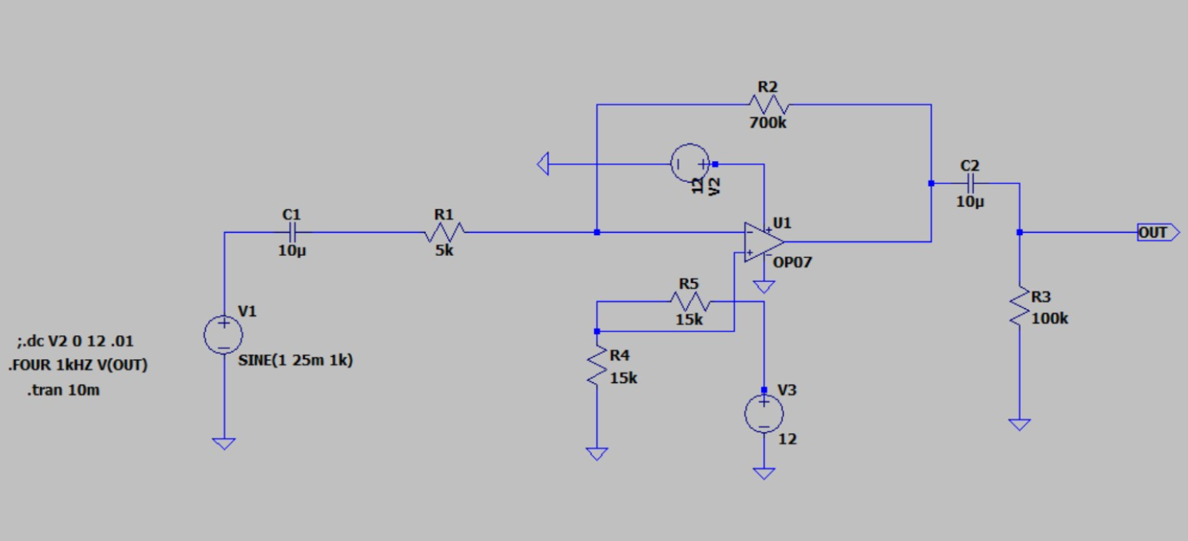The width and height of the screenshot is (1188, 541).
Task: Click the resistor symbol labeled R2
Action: (767, 104)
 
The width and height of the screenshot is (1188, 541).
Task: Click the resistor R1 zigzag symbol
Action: (445, 232)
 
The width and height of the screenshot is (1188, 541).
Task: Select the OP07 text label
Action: (794, 263)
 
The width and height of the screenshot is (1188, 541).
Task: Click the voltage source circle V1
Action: (223, 334)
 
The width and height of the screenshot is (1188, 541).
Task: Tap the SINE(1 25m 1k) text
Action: (296, 359)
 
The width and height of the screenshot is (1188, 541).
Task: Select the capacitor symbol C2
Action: (970, 183)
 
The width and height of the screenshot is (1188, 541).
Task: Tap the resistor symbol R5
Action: (689, 301)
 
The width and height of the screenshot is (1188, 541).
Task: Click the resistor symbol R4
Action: (596, 366)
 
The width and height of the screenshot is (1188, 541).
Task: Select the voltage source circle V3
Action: (763, 415)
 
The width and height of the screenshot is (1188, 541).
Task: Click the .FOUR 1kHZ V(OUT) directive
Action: (78, 366)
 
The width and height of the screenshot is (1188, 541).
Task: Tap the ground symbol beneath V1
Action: (223, 443)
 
